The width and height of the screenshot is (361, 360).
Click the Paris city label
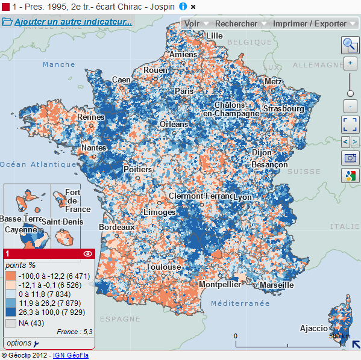coord(184,91)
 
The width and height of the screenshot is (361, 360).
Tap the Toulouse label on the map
coord(163,267)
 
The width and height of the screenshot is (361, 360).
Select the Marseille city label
coord(277,285)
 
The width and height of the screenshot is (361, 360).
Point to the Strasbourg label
coord(283,109)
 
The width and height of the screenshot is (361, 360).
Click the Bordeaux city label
coord(117,228)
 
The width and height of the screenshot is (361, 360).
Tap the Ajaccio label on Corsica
coord(314,328)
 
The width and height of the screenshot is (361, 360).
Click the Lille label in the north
coord(214,36)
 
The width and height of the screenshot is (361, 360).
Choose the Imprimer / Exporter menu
coord(310,23)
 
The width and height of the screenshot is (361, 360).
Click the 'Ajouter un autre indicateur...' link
coord(73,22)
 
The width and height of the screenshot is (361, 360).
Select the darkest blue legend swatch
coord(10,312)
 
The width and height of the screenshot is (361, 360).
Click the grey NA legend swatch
coord(10,323)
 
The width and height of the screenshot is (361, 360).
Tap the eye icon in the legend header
coord(88,254)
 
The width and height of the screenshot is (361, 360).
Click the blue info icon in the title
coord(183,6)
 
